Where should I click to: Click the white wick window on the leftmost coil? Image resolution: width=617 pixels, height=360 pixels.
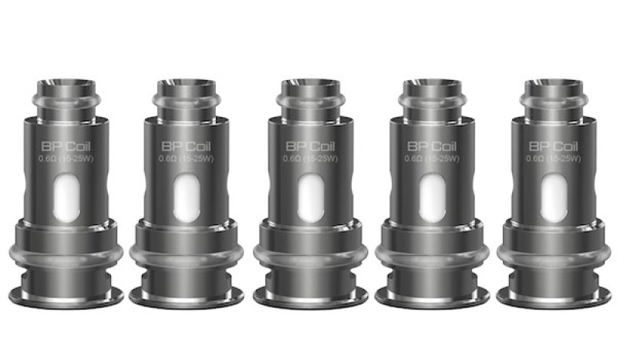(x=66, y=189)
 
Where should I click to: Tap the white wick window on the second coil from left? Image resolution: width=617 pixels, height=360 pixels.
(x=185, y=189)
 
